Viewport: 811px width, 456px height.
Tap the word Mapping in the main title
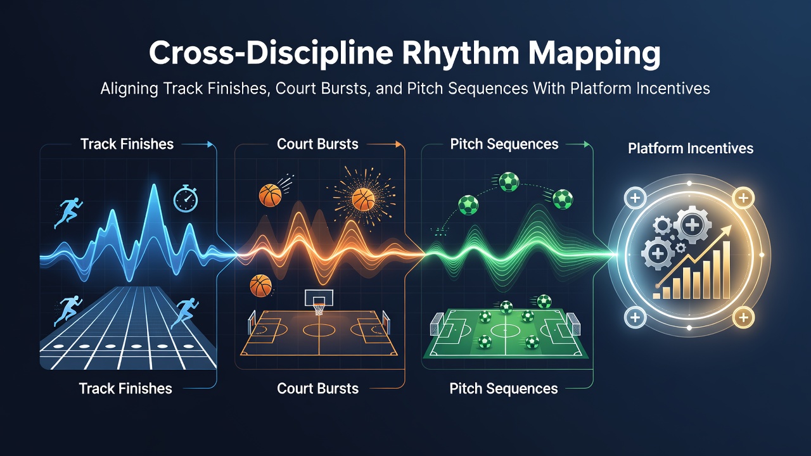pos(594,54)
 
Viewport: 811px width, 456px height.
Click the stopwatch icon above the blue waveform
pos(186,198)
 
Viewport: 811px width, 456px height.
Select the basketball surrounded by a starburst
pos(363,199)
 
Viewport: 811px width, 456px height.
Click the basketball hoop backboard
pos(318,298)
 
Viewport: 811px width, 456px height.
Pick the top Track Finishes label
pos(127,144)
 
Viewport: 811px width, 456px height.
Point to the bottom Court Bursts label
pos(317,388)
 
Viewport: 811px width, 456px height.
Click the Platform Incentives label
pos(691,148)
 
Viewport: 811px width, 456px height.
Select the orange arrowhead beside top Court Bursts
pos(399,144)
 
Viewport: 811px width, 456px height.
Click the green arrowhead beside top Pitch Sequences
pos(587,144)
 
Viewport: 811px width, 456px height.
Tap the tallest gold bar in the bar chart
pos(726,270)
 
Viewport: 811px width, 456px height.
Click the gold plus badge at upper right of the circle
pos(743,198)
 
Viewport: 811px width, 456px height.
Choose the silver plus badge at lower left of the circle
pos(635,317)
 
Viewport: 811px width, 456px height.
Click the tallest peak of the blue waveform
pos(155,186)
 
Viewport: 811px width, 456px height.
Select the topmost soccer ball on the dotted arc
pos(509,182)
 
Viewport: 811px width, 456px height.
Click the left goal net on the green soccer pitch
pos(437,324)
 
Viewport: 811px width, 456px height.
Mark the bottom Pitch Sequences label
pos(504,389)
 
